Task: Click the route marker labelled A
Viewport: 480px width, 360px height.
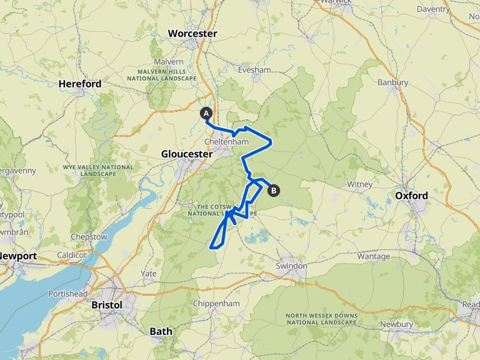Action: point(206,113)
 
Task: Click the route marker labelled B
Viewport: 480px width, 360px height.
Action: point(273,191)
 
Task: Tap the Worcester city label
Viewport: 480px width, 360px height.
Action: point(192,33)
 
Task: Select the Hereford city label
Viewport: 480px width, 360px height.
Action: point(80,83)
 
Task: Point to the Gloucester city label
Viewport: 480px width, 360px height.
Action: point(185,154)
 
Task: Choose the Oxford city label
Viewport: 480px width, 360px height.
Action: point(412,196)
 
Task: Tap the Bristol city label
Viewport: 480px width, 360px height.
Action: point(106,304)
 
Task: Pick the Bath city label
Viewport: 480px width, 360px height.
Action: point(161,331)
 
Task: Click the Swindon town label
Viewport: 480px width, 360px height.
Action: point(292,266)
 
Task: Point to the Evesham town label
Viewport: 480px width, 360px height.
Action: point(254,70)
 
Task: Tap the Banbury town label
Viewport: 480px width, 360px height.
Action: point(393,82)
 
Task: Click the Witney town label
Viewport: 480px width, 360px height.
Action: point(360,184)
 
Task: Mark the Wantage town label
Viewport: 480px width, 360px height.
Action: point(374,256)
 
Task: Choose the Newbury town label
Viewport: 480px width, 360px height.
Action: point(396,324)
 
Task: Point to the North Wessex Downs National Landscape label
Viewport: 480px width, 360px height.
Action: point(321,319)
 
